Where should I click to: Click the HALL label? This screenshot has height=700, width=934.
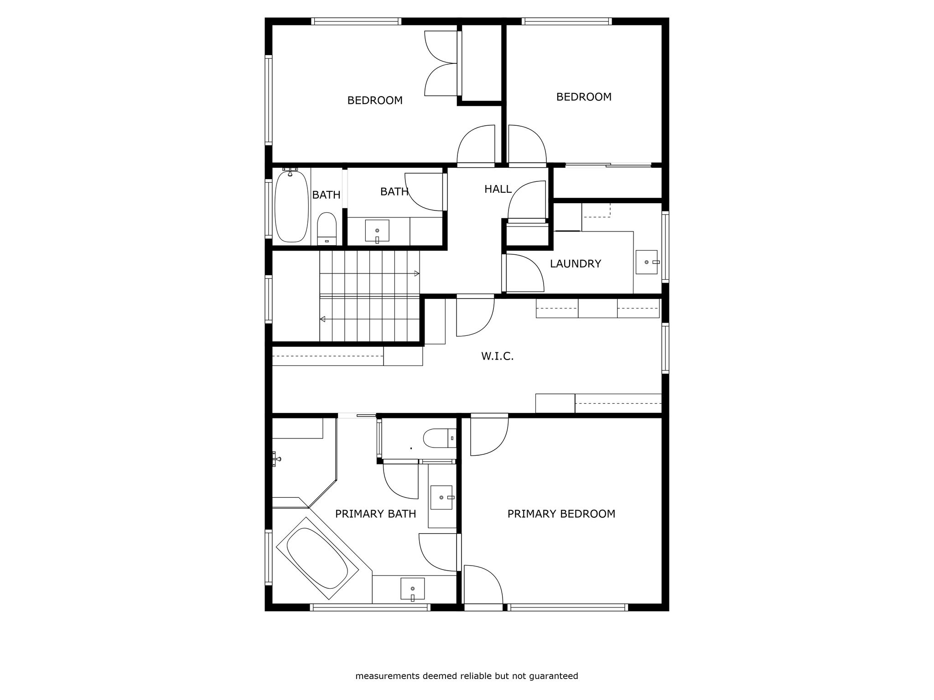click(498, 189)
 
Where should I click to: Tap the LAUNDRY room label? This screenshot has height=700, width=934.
click(575, 264)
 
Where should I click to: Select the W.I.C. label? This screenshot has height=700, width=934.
click(497, 356)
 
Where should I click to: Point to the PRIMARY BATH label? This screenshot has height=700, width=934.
click(375, 514)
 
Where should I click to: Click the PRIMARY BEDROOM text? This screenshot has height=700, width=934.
click(561, 514)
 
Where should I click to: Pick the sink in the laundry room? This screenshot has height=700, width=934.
click(647, 262)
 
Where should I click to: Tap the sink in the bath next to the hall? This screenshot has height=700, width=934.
click(377, 231)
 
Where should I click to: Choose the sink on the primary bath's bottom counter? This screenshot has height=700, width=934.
click(412, 589)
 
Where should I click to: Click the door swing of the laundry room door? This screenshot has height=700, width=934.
click(525, 273)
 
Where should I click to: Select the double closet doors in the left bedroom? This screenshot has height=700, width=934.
click(441, 63)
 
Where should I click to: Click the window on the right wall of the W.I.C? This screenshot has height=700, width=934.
click(665, 348)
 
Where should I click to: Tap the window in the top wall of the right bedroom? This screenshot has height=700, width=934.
click(566, 21)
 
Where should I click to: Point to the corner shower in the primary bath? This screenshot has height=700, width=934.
click(303, 462)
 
